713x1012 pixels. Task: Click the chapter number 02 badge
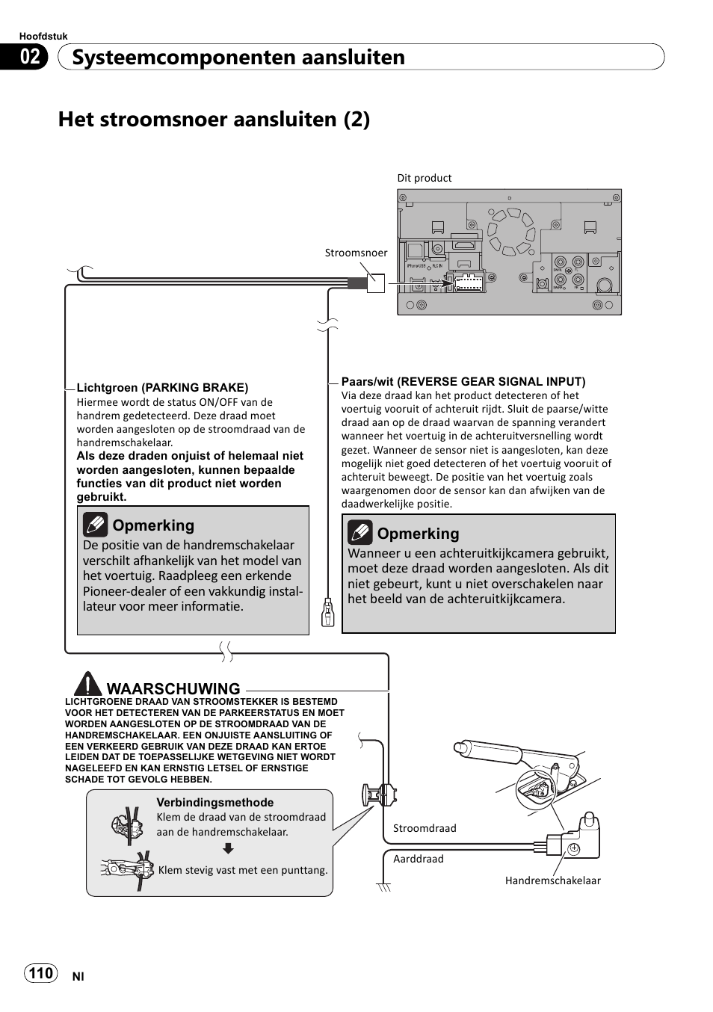tap(30, 57)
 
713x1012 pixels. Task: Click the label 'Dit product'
tap(425, 178)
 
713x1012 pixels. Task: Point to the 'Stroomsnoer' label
tap(356, 253)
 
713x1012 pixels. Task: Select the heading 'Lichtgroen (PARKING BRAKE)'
tap(162, 387)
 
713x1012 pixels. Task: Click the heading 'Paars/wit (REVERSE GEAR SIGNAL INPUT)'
tap(463, 381)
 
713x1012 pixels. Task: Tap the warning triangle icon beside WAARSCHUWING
tap(87, 685)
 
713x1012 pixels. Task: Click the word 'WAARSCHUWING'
tap(173, 688)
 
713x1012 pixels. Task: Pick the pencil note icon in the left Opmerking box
tap(96, 525)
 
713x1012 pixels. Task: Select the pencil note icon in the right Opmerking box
tap(360, 533)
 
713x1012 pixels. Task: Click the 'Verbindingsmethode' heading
tap(214, 802)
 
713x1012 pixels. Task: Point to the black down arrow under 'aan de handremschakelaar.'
tap(229, 848)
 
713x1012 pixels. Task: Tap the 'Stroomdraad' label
tap(425, 828)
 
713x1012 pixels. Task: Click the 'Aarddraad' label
tap(419, 859)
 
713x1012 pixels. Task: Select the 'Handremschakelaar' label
tap(552, 880)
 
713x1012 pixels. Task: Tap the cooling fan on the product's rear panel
tap(511, 227)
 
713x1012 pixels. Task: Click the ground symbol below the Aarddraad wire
tap(384, 887)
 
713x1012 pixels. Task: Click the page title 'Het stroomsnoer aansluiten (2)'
tap(214, 120)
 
